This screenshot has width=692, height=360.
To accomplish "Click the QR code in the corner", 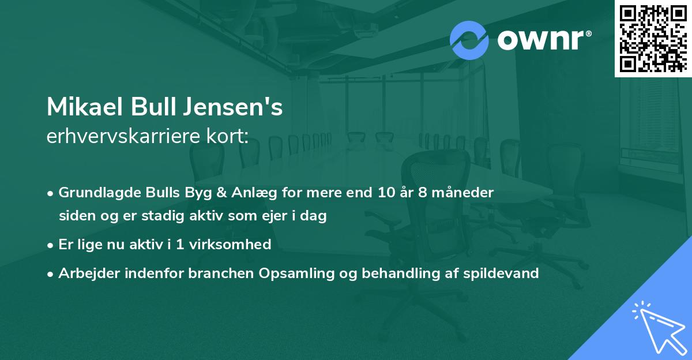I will point(653,38).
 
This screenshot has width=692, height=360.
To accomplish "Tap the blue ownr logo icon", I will point(469,40).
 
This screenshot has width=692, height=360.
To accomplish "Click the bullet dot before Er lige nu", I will point(51,245).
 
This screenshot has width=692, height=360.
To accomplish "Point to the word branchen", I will point(216,273).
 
